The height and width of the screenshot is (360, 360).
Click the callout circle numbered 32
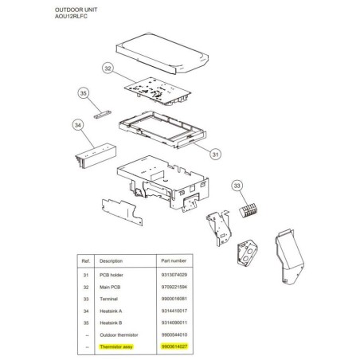pyautogui.click(x=108, y=68)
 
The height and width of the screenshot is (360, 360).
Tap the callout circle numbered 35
pyautogui.click(x=84, y=93)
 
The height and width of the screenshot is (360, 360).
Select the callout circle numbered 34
pyautogui.click(x=78, y=125)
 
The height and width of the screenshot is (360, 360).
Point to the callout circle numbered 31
pyautogui.click(x=215, y=154)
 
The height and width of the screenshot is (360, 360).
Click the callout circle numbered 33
pyautogui.click(x=237, y=186)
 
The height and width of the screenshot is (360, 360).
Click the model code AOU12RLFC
pyautogui.click(x=71, y=16)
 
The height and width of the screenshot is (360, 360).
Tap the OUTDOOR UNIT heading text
pyautogui.click(x=76, y=10)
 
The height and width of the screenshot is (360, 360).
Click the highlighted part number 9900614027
pyautogui.click(x=174, y=346)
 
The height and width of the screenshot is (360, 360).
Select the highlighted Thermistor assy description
pyautogui.click(x=116, y=346)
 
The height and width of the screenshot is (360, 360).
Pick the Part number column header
pyautogui.click(x=174, y=260)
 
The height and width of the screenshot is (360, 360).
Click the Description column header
pyautogui.click(x=111, y=261)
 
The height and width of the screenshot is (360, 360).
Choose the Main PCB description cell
pyautogui.click(x=110, y=287)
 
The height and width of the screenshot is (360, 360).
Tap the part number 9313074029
pyautogui.click(x=174, y=275)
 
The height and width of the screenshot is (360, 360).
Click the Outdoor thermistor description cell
pyautogui.click(x=119, y=335)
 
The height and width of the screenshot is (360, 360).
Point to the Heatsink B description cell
pyautogui.click(x=111, y=323)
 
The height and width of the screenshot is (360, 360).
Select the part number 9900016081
pyautogui.click(x=174, y=299)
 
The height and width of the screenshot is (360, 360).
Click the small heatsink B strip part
pyautogui.click(x=103, y=115)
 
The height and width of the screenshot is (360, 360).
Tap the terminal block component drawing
pyautogui.click(x=248, y=210)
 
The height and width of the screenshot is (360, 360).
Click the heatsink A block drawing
pyautogui.click(x=96, y=156)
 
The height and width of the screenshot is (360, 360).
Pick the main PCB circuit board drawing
pyautogui.click(x=158, y=91)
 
